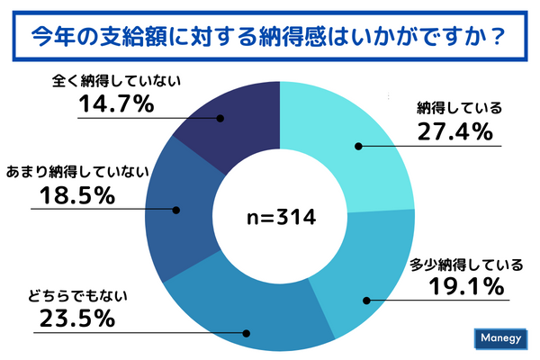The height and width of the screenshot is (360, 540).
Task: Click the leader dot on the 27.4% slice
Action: (358, 146)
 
